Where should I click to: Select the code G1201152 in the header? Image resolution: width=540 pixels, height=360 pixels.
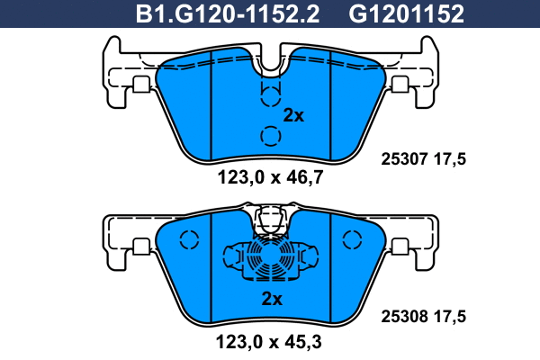coord(406,14)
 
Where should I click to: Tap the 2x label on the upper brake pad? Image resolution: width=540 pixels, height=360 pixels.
coord(294,115)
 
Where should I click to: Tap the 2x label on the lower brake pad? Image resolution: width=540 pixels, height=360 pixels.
coord(272,298)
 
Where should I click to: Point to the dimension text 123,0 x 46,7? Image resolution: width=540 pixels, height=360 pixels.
coord(271,178)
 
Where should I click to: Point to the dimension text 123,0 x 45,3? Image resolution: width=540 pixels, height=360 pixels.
coord(271,341)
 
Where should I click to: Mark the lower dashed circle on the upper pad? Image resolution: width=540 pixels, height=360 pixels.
coord(270,136)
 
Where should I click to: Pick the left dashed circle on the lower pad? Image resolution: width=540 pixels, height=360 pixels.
coord(189,241)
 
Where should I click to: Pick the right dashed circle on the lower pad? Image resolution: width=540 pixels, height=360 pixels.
coord(352,239)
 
